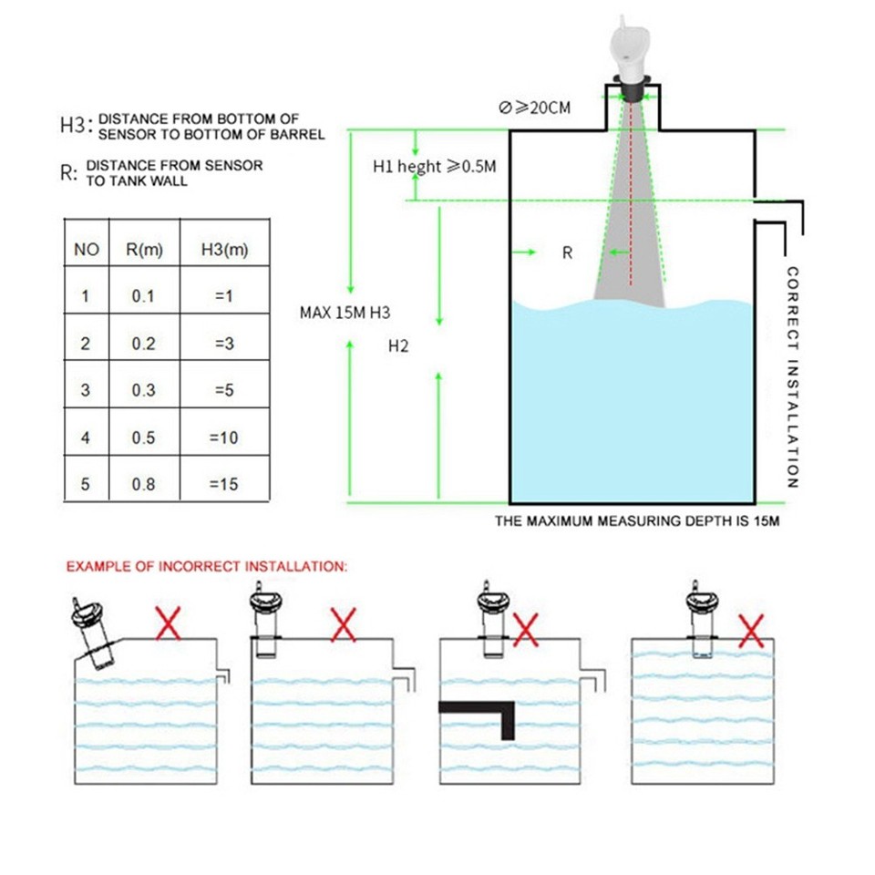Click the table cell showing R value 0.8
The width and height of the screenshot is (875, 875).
(x=143, y=484)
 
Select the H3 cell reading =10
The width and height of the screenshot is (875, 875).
(x=223, y=437)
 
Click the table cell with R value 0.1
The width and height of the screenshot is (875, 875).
(x=143, y=296)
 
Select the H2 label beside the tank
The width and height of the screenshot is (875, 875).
(x=397, y=346)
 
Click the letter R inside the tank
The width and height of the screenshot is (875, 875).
(x=567, y=253)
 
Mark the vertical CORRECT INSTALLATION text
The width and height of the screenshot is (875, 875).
(x=792, y=377)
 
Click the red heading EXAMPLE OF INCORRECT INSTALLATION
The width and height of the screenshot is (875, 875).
(x=207, y=566)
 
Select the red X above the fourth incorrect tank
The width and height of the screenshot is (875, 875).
(x=750, y=630)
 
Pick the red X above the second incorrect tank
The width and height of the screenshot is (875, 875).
(x=343, y=625)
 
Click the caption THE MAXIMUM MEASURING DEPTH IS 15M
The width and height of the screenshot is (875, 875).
(x=637, y=522)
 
